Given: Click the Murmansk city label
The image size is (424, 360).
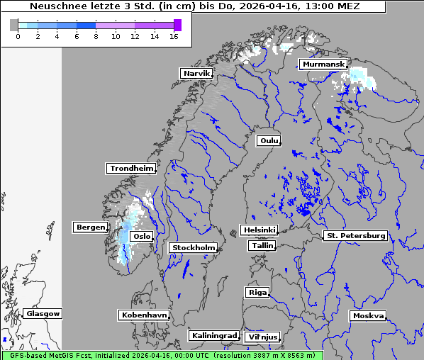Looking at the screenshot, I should pos(323,64).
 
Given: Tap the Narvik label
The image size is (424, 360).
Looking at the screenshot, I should pos(196,74).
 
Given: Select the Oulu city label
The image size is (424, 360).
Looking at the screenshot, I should pos(269,141).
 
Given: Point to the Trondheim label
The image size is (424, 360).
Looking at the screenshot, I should pos(131,169).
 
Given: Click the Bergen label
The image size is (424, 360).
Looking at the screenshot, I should pos(89,227).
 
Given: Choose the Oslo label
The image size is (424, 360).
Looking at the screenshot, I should pos(142,237).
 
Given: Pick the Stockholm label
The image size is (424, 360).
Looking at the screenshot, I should pos(193,248).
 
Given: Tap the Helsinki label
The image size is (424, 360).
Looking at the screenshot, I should pos(259,230).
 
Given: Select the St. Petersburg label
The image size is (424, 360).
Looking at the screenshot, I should pos(355,235).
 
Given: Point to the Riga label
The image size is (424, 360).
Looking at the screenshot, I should pos(257,293).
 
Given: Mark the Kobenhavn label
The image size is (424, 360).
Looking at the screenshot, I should pos(144,315).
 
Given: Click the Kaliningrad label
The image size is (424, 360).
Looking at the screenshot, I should pos(213,335).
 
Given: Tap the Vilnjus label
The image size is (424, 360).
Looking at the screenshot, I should pos(262,337).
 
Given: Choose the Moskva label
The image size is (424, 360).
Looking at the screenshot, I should pos(368,316).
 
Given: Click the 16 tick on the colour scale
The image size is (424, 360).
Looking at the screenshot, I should pos(174,36).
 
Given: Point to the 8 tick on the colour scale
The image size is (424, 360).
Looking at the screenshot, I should pos(96,36).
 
